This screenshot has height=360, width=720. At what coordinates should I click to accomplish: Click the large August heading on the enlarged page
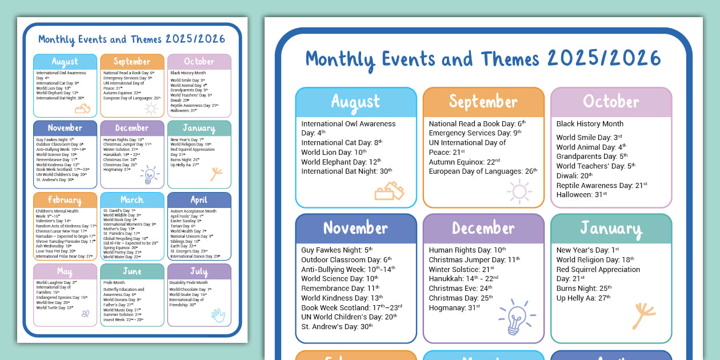click(355, 102)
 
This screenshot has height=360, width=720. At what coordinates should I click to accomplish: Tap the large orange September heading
click(483, 102)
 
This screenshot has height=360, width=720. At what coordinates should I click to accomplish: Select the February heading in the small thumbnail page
click(65, 200)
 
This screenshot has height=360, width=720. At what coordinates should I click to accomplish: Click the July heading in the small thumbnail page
click(199, 271)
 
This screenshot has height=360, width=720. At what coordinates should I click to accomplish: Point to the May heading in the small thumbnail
click(65, 271)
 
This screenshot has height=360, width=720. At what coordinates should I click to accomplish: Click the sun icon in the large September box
click(519, 191)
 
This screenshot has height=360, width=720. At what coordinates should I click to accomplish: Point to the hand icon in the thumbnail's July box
click(218, 315)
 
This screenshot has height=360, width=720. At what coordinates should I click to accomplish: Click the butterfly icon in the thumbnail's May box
click(86, 313)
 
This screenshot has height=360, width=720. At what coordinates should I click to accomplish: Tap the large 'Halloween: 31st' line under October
click(581, 195)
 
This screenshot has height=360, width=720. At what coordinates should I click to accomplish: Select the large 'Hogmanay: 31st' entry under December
click(454, 307)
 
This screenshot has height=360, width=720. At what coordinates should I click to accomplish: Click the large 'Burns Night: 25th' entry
click(583, 289)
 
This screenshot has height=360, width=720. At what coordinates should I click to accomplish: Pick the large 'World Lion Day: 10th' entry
click(334, 153)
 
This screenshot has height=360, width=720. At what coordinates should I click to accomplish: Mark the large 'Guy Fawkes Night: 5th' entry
click(337, 250)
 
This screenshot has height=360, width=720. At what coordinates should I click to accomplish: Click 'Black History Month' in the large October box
click(590, 124)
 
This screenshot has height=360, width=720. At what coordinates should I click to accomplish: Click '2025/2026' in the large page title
click(603, 58)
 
